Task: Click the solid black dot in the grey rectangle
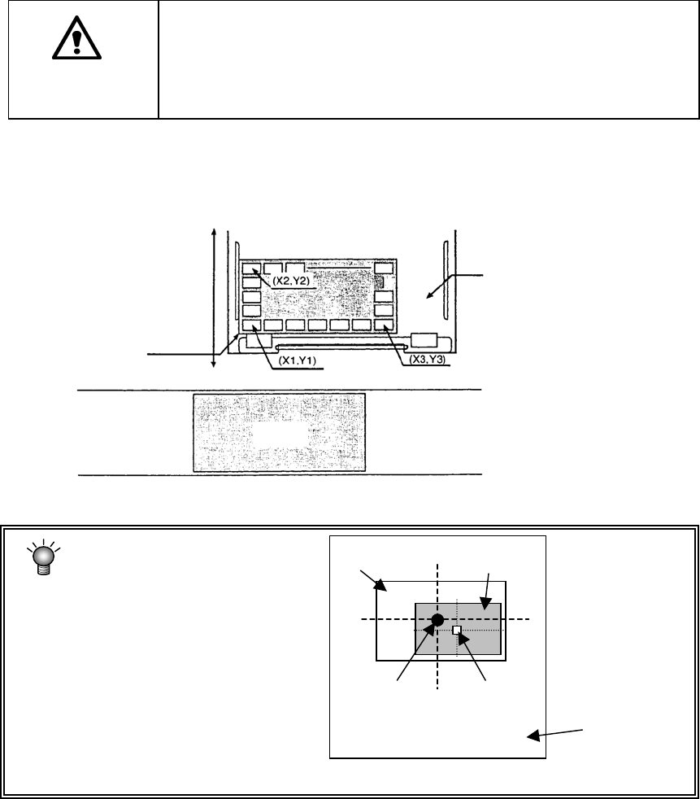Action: (437, 620)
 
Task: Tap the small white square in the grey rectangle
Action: (457, 630)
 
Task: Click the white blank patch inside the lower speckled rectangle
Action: (279, 434)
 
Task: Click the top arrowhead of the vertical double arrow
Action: (213, 234)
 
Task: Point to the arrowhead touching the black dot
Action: (431, 629)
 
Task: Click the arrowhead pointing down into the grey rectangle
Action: (484, 605)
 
